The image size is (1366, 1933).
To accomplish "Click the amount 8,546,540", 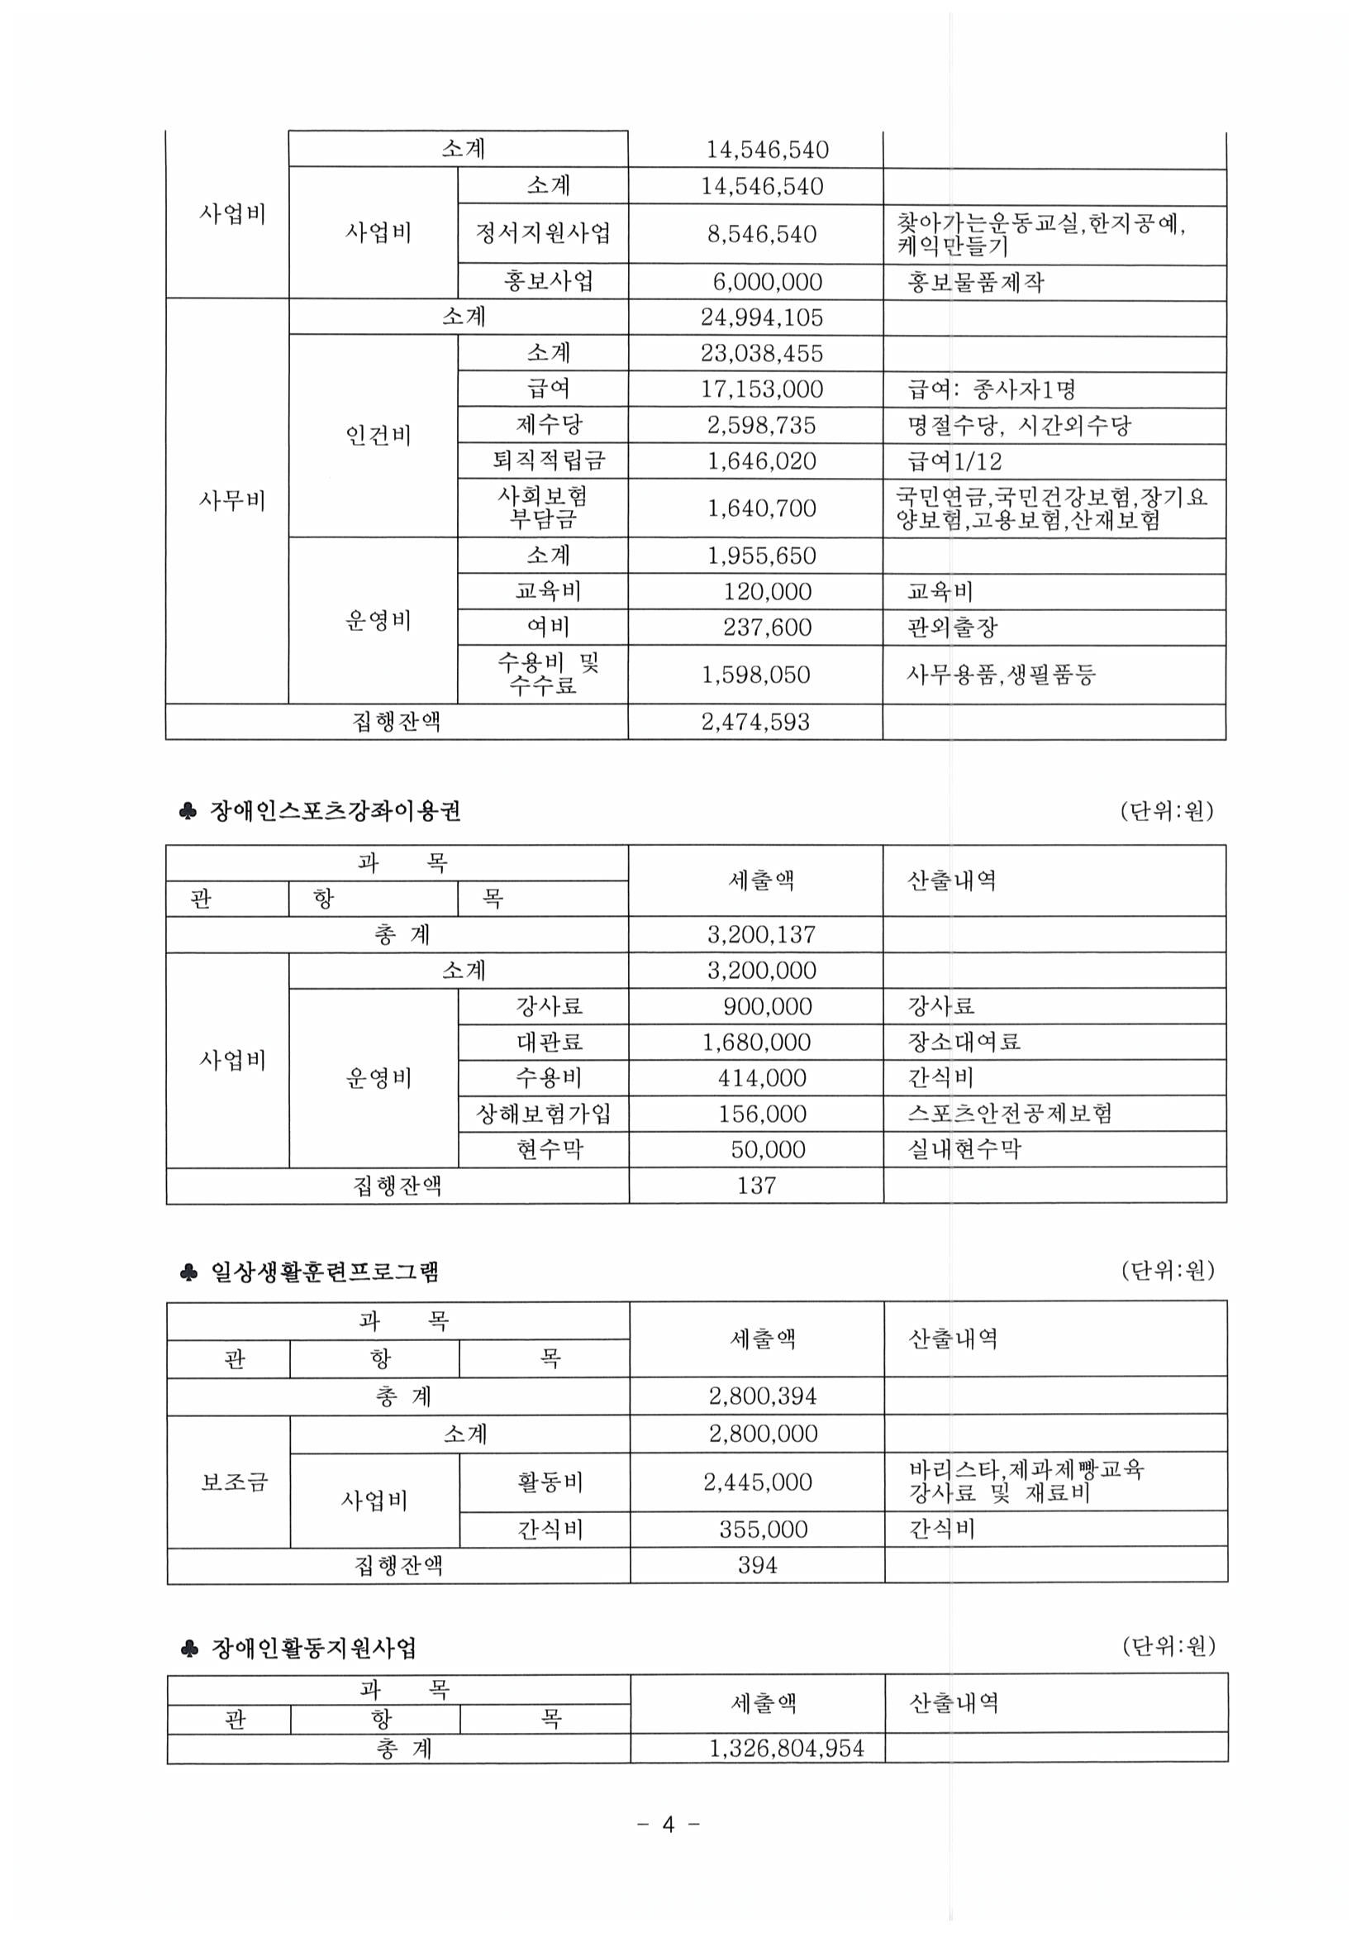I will click(x=761, y=234).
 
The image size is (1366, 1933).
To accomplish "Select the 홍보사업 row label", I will click(x=548, y=281).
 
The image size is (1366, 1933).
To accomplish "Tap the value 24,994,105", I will click(x=761, y=317).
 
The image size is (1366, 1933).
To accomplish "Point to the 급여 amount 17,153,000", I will click(x=761, y=389).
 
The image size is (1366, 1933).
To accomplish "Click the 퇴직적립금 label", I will click(x=548, y=461).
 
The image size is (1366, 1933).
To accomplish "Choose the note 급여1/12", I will click(x=954, y=461).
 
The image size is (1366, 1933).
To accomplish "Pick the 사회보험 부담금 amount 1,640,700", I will click(x=761, y=508).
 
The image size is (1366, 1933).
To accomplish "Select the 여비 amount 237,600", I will click(x=767, y=628).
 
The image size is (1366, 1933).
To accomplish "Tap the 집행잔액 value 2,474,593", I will click(x=755, y=722).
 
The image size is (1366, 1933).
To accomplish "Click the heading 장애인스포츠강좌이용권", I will click(x=335, y=811).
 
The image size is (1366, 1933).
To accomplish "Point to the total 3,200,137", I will click(x=761, y=934).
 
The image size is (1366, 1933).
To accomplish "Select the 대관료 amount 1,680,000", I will click(x=757, y=1043).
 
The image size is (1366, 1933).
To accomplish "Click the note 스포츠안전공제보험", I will click(x=1009, y=1113).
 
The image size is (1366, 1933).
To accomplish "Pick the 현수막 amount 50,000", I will click(x=767, y=1149).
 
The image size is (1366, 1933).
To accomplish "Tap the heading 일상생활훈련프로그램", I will click(x=324, y=1272).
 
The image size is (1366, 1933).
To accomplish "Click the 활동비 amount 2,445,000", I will click(x=758, y=1482).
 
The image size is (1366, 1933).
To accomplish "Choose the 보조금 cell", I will click(x=234, y=1482).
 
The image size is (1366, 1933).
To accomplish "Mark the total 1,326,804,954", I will click(x=786, y=1749).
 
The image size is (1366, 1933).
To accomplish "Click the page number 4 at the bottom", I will click(x=669, y=1826).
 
